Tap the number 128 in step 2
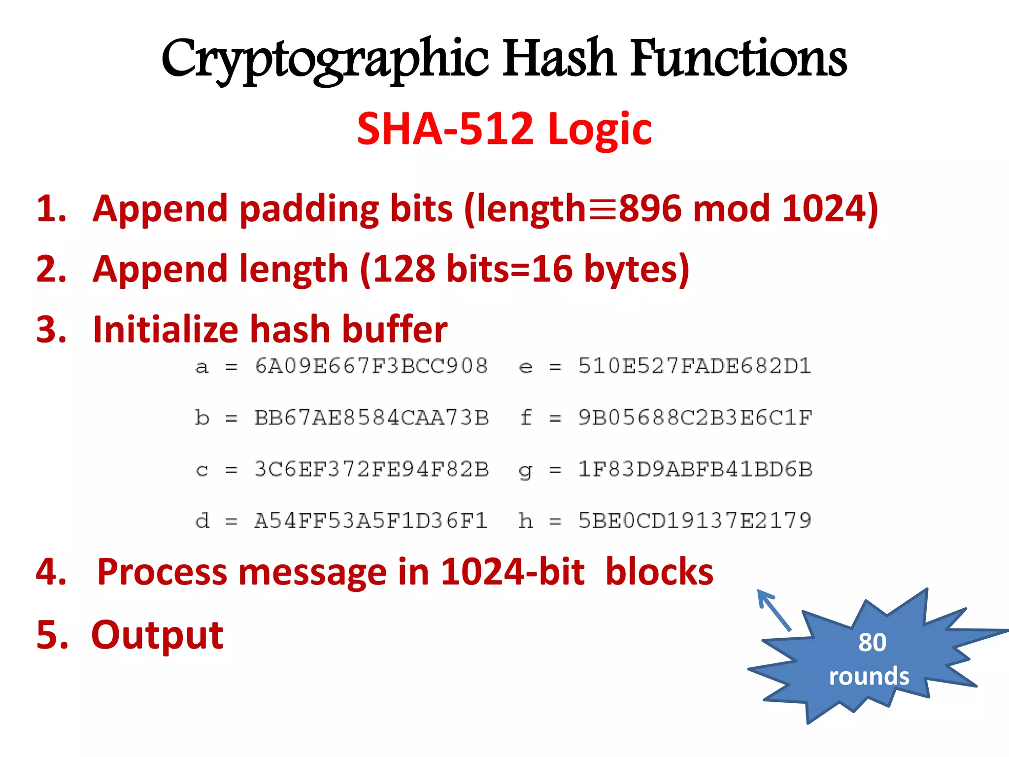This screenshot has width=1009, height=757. click(404, 269)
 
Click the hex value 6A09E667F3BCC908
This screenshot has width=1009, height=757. click(371, 366)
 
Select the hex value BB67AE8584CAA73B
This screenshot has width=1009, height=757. click(371, 418)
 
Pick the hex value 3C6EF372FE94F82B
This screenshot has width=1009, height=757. click(371, 469)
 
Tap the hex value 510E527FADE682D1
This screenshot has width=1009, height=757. click(695, 366)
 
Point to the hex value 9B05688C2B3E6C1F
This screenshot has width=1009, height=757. click(695, 418)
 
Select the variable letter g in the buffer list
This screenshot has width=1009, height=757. click(525, 471)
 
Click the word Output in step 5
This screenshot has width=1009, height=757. click(157, 635)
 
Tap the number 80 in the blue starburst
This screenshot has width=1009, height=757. click(872, 642)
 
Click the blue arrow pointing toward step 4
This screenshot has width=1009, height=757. click(774, 610)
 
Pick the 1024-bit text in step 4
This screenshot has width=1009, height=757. click(512, 572)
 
